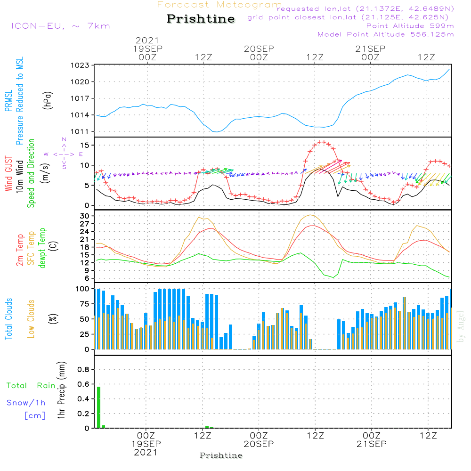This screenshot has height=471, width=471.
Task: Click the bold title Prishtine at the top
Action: tap(201, 19)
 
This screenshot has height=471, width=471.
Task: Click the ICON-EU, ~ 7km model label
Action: tap(60, 26)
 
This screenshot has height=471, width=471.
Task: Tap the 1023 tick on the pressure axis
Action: tap(82, 65)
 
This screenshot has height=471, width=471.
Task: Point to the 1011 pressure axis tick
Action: tap(82, 131)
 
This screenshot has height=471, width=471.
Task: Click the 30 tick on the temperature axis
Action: tap(85, 216)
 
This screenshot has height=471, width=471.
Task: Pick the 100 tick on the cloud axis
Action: tap(82, 289)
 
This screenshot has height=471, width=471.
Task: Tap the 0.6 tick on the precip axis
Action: tap(83, 384)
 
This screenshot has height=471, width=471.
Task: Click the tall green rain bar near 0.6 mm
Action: tap(99, 407)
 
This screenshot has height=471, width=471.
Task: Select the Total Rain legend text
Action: tap(31, 386)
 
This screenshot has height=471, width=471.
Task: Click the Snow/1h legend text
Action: tap(26, 403)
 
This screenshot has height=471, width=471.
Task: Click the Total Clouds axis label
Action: tap(8, 319)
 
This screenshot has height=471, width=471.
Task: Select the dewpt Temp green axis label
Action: tap(42, 248)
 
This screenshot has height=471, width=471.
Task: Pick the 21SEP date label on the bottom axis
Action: tap(371, 444)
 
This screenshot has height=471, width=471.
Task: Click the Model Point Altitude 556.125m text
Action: tap(386, 34)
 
